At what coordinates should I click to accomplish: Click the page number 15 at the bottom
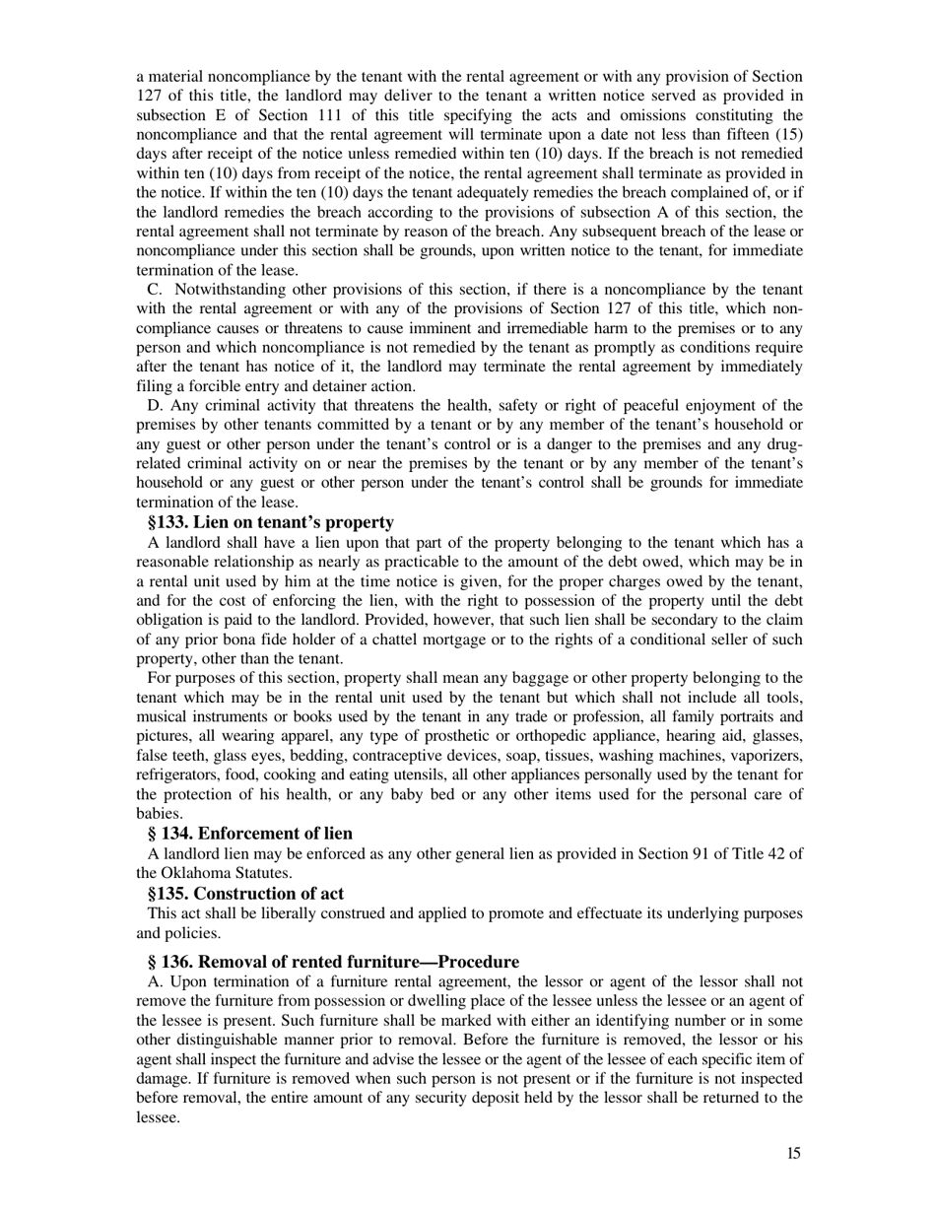point(793,1154)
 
